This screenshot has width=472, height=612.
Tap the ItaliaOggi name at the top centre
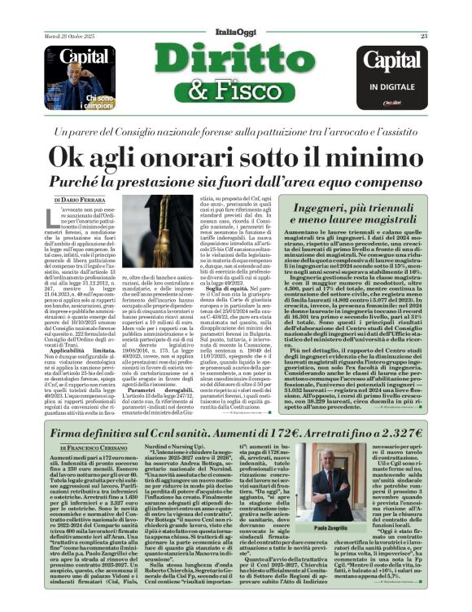235,31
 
